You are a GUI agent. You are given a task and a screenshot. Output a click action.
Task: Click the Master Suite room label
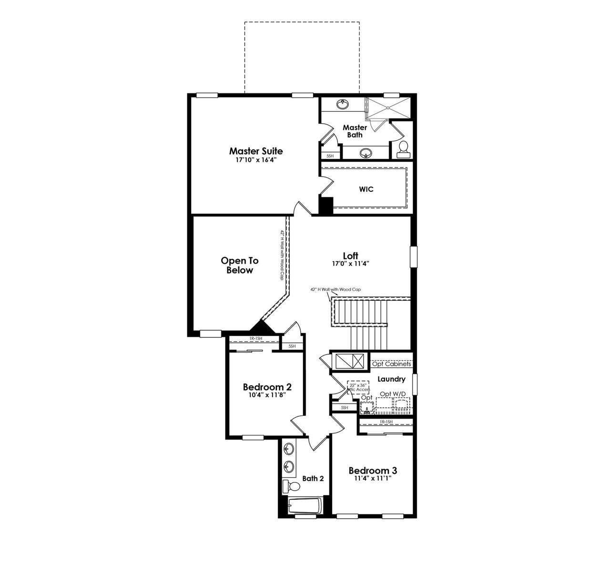[x=256, y=151]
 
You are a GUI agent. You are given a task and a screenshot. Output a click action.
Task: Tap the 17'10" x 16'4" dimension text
[x=256, y=160]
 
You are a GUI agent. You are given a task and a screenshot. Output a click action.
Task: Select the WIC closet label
[x=366, y=189]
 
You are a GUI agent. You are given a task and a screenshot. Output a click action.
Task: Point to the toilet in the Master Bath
[x=403, y=149]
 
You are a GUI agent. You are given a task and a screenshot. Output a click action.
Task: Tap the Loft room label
[x=351, y=256]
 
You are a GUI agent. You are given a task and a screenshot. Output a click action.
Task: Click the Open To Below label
[x=239, y=266]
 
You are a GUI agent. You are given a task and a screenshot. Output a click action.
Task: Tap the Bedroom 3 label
[x=373, y=471]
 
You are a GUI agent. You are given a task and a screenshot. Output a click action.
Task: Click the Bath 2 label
[x=313, y=478]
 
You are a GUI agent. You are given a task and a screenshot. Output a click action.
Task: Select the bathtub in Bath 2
[x=305, y=506]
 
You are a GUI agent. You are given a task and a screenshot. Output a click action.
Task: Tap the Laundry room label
[x=391, y=379]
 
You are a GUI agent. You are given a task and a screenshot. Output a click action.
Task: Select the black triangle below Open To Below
[x=261, y=327]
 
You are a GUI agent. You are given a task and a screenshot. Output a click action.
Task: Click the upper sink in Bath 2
[x=289, y=448]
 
